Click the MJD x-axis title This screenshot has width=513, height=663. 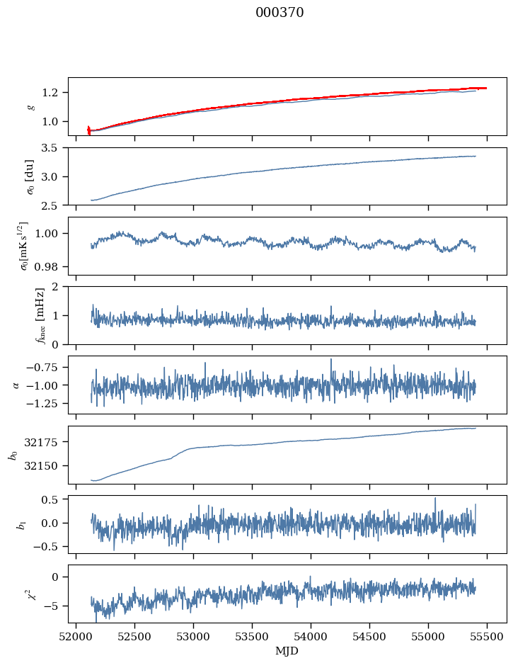(287, 651)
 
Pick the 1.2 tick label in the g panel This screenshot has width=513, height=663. (54, 93)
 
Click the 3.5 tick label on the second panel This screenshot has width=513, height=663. (54, 148)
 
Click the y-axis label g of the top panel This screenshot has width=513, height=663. (30, 106)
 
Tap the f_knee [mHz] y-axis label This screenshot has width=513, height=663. (20, 315)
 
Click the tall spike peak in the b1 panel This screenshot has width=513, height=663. (435, 498)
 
